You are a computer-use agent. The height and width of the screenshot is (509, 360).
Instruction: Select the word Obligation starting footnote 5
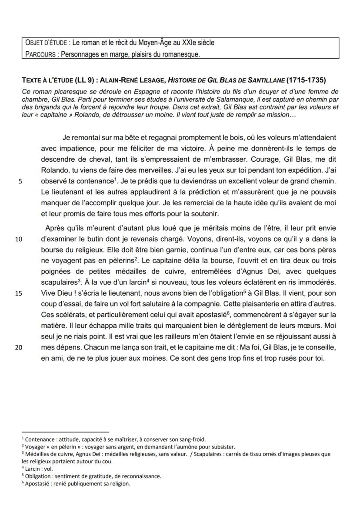point(40,476)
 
